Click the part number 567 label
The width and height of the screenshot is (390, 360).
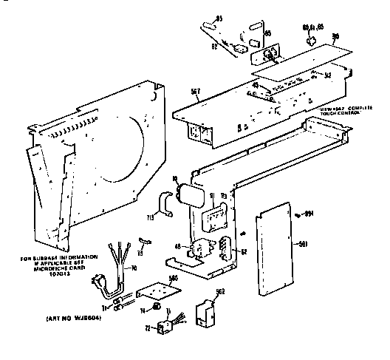(x=195, y=91)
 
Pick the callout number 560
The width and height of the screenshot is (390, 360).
(x=174, y=278)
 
